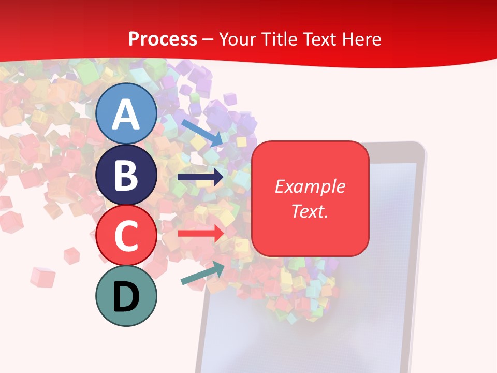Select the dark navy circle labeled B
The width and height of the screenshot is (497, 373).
pos(126,175)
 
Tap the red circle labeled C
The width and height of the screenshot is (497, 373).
pos(126,236)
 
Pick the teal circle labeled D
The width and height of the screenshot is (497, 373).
pos(126,296)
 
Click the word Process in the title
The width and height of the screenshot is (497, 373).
pos(163,39)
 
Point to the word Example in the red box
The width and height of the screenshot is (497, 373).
pos(310,187)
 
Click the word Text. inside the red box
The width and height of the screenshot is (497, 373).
pos(310,211)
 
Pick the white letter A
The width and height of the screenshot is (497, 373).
pos(126,114)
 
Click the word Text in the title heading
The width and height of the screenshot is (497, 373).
pos(319,39)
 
